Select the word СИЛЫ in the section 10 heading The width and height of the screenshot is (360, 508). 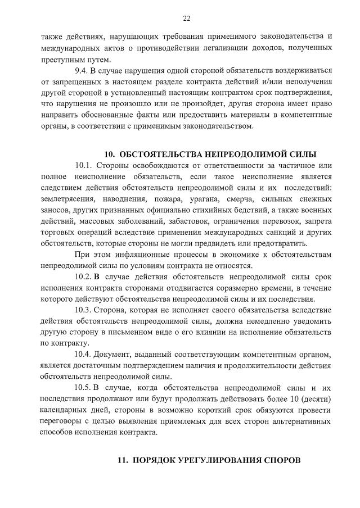[x=303, y=155]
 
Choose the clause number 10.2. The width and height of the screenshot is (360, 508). [x=83, y=276]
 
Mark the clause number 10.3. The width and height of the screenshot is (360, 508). [x=83, y=310]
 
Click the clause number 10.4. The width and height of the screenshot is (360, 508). [x=83, y=355]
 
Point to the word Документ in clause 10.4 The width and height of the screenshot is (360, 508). [x=111, y=355]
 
